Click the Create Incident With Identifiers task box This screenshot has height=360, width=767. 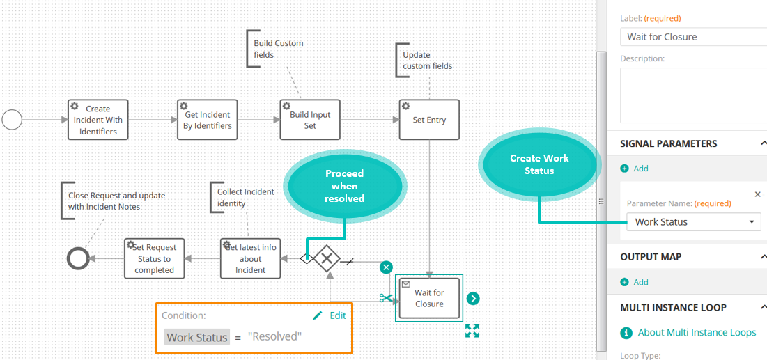pos(98,120)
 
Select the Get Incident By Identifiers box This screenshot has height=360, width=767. pos(208,120)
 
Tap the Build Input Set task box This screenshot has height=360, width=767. pos(310,120)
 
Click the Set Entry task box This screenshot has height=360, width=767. pos(430,120)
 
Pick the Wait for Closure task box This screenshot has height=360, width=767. pos(430,298)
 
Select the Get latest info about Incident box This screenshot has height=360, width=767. pos(251,259)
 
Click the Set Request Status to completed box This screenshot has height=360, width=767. pos(155,259)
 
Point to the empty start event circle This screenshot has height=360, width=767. pos(13,120)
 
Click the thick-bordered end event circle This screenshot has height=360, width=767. pos(78,259)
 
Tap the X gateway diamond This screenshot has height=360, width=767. pos(326,259)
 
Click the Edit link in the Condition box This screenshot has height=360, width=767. pos(330,315)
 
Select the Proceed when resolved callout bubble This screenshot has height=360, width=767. pos(345,186)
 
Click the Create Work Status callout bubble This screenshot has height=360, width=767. pos(539,164)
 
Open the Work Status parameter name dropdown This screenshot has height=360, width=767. pos(694,222)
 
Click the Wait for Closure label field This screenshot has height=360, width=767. pos(694,37)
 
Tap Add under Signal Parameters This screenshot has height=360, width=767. pos(635,169)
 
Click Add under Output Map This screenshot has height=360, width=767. pos(635,282)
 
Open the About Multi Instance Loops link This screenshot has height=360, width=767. pos(688,333)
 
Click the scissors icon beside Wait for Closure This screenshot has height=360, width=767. pos(387,297)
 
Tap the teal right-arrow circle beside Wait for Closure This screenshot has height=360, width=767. pos(472,298)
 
